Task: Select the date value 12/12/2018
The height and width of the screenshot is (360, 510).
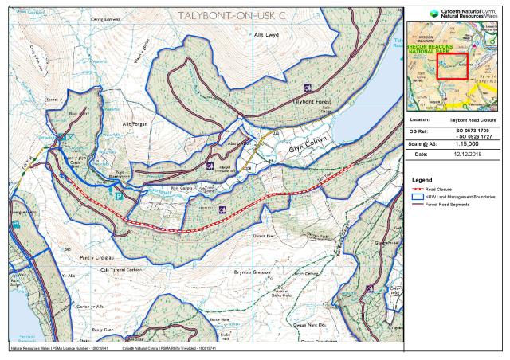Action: pos(468,154)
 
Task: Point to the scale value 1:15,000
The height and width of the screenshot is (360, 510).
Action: pos(468,143)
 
